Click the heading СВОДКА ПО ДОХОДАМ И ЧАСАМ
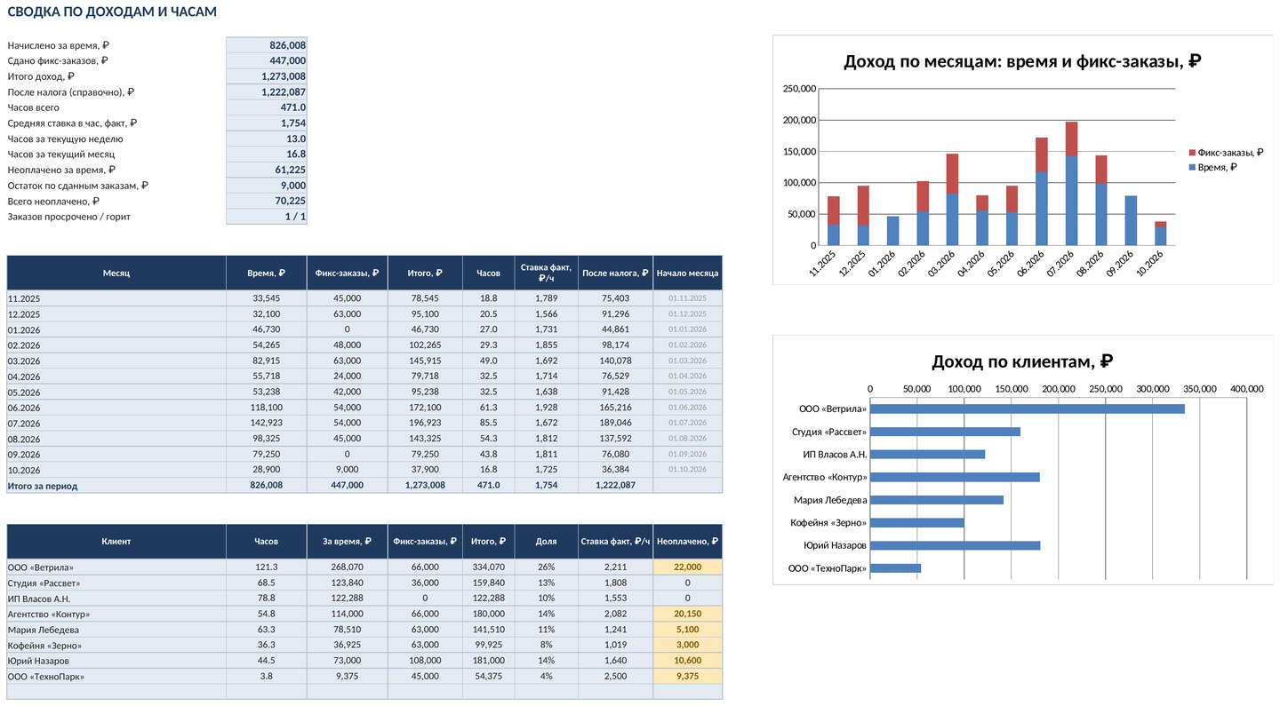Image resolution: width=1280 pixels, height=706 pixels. tap(112, 12)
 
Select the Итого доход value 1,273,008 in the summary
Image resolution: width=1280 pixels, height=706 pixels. tap(284, 75)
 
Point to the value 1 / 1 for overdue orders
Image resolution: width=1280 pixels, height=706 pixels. tap(295, 217)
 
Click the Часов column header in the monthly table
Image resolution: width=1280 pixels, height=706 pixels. tap(488, 273)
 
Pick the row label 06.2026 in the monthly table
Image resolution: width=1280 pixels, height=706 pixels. tap(24, 408)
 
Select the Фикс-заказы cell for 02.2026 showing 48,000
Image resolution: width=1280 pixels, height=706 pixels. tap(347, 345)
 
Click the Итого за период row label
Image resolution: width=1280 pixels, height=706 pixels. tap(43, 486)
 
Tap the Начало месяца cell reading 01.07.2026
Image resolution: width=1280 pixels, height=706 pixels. tap(687, 423)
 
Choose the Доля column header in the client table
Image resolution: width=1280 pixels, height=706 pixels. tap(546, 541)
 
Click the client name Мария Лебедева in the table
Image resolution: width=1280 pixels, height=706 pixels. tap(44, 630)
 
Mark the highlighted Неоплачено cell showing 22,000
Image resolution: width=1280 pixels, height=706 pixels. tap(687, 567)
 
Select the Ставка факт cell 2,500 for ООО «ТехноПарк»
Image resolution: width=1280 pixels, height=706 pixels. tap(615, 676)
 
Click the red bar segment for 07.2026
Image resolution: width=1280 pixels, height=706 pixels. tap(1071, 139)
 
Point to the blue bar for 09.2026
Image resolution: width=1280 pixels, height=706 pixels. tap(1131, 220)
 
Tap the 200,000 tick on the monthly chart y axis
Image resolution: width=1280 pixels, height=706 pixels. tap(799, 120)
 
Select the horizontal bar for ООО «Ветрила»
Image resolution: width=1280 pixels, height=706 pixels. tap(1027, 409)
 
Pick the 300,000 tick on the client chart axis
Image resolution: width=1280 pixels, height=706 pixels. tap(1153, 389)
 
